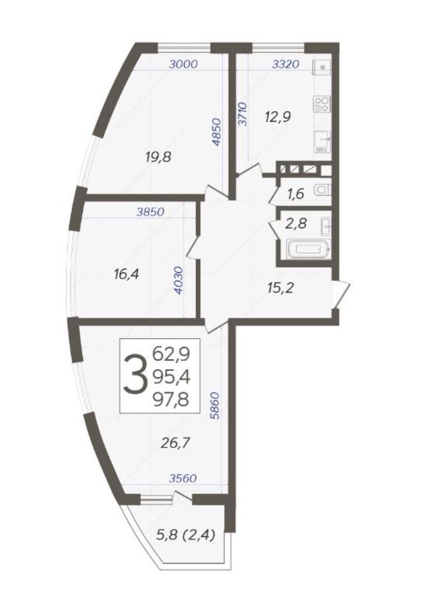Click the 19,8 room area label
[x=158, y=157]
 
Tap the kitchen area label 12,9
[x=278, y=117]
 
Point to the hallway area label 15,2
[x=280, y=288]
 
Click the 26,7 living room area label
[x=176, y=443]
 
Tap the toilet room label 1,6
[x=295, y=194]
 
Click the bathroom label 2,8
[x=296, y=224]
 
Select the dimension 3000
[x=183, y=64]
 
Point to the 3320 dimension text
[x=285, y=64]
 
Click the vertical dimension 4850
[x=217, y=133]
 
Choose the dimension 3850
[x=151, y=211]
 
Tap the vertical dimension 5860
[x=215, y=406]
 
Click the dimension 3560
[x=183, y=478]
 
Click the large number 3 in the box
[x=135, y=374]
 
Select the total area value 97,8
[x=171, y=400]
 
